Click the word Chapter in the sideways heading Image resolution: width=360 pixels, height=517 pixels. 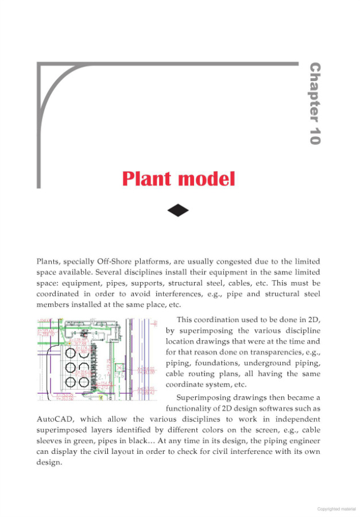(315, 91)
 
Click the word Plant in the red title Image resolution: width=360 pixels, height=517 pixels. (148, 179)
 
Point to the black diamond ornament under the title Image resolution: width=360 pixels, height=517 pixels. (178, 210)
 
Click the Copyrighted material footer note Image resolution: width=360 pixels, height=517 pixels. (336, 508)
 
